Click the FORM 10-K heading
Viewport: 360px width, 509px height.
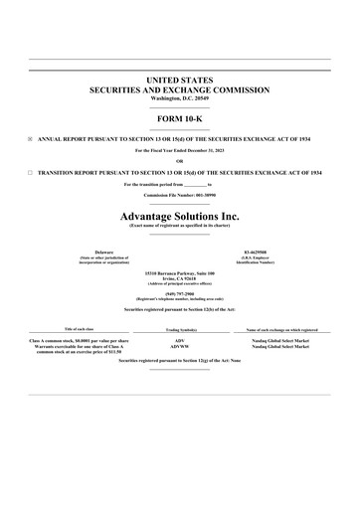(x=180, y=118)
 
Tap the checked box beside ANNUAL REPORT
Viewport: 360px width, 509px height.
(x=30, y=139)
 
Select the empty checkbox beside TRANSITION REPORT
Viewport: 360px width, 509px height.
(x=30, y=172)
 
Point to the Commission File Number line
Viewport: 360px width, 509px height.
(x=180, y=196)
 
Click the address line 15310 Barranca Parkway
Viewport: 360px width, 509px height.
(x=180, y=270)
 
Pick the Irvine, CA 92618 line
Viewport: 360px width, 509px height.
(x=180, y=276)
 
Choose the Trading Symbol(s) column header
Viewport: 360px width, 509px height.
(x=180, y=329)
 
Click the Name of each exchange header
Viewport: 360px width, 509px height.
(x=281, y=329)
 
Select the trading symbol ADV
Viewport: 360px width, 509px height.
(x=180, y=340)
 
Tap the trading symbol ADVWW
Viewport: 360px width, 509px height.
(x=180, y=346)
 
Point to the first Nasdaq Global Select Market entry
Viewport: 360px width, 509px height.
(x=281, y=340)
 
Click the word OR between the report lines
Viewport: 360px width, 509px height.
(x=180, y=161)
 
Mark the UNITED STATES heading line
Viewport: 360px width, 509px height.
(x=180, y=79)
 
